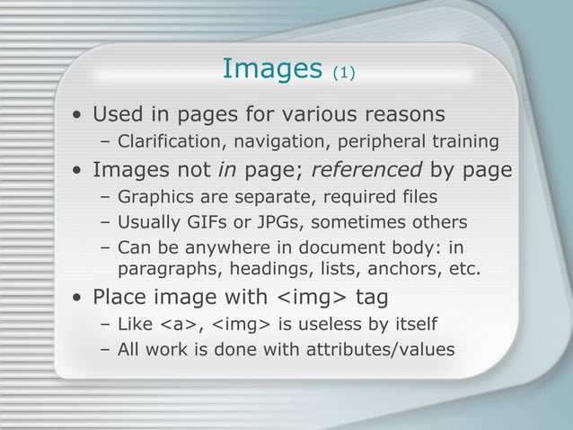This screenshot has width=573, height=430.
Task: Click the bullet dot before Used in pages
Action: (80, 116)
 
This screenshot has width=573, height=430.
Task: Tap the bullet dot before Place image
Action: (80, 298)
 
